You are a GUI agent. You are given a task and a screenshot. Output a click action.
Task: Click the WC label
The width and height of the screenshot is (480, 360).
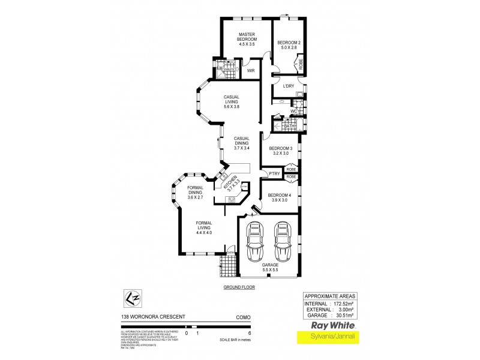pos(294,112)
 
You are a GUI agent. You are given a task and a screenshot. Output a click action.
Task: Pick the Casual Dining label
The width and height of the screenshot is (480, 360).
pos(241,142)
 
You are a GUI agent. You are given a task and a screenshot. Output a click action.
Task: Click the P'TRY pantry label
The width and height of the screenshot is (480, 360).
pos(275,174)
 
